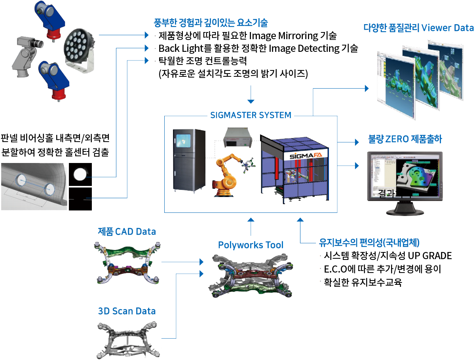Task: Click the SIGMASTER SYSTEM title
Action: (251, 116)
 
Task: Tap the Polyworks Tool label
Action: (251, 245)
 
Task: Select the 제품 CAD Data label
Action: (127, 231)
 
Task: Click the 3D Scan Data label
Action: (127, 311)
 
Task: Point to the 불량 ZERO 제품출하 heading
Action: (405, 139)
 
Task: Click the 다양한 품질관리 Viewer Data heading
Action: (418, 28)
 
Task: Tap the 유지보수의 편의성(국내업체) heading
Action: (369, 243)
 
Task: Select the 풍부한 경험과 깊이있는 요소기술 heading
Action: (211, 23)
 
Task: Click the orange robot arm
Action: (229, 174)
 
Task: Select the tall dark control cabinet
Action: (189, 160)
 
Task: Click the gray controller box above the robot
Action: (237, 138)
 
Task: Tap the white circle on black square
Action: (80, 174)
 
